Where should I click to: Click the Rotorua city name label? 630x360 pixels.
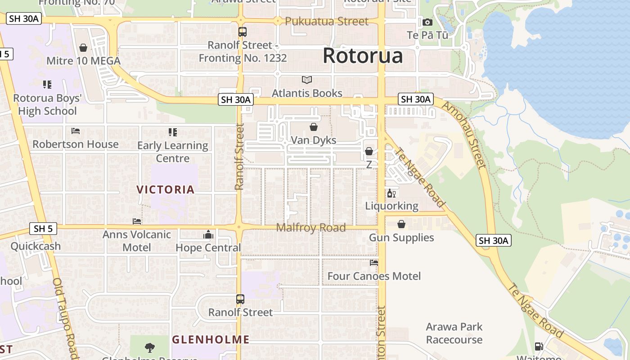pos(362,56)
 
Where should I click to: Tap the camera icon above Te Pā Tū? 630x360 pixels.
pos(427,22)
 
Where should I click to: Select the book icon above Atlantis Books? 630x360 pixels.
pos(307,80)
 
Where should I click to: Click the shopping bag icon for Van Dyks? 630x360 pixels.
pos(314,127)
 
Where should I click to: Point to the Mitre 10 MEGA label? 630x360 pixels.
pos(83,61)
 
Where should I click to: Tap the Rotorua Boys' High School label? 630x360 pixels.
pos(47,105)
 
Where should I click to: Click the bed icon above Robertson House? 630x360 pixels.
pos(76,131)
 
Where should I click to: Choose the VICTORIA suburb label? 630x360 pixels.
pos(166,189)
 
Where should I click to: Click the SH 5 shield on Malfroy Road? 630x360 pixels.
pos(43,229)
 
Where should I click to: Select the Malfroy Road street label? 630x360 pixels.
pos(310,227)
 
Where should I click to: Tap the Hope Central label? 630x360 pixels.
pos(208,248)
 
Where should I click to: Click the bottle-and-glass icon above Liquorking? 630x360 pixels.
pos(391,193)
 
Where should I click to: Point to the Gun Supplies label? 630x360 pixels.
pos(401,238)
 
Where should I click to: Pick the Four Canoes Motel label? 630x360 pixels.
pos(374,276)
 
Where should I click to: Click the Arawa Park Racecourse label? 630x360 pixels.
pos(454,333)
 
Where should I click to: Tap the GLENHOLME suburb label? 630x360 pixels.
pos(211,339)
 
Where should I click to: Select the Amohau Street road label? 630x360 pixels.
pos(464,135)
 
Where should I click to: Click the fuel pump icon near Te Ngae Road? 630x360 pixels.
pos(539,346)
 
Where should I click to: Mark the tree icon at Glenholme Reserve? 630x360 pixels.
pos(150,347)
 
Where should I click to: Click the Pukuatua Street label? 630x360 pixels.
pos(326,21)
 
